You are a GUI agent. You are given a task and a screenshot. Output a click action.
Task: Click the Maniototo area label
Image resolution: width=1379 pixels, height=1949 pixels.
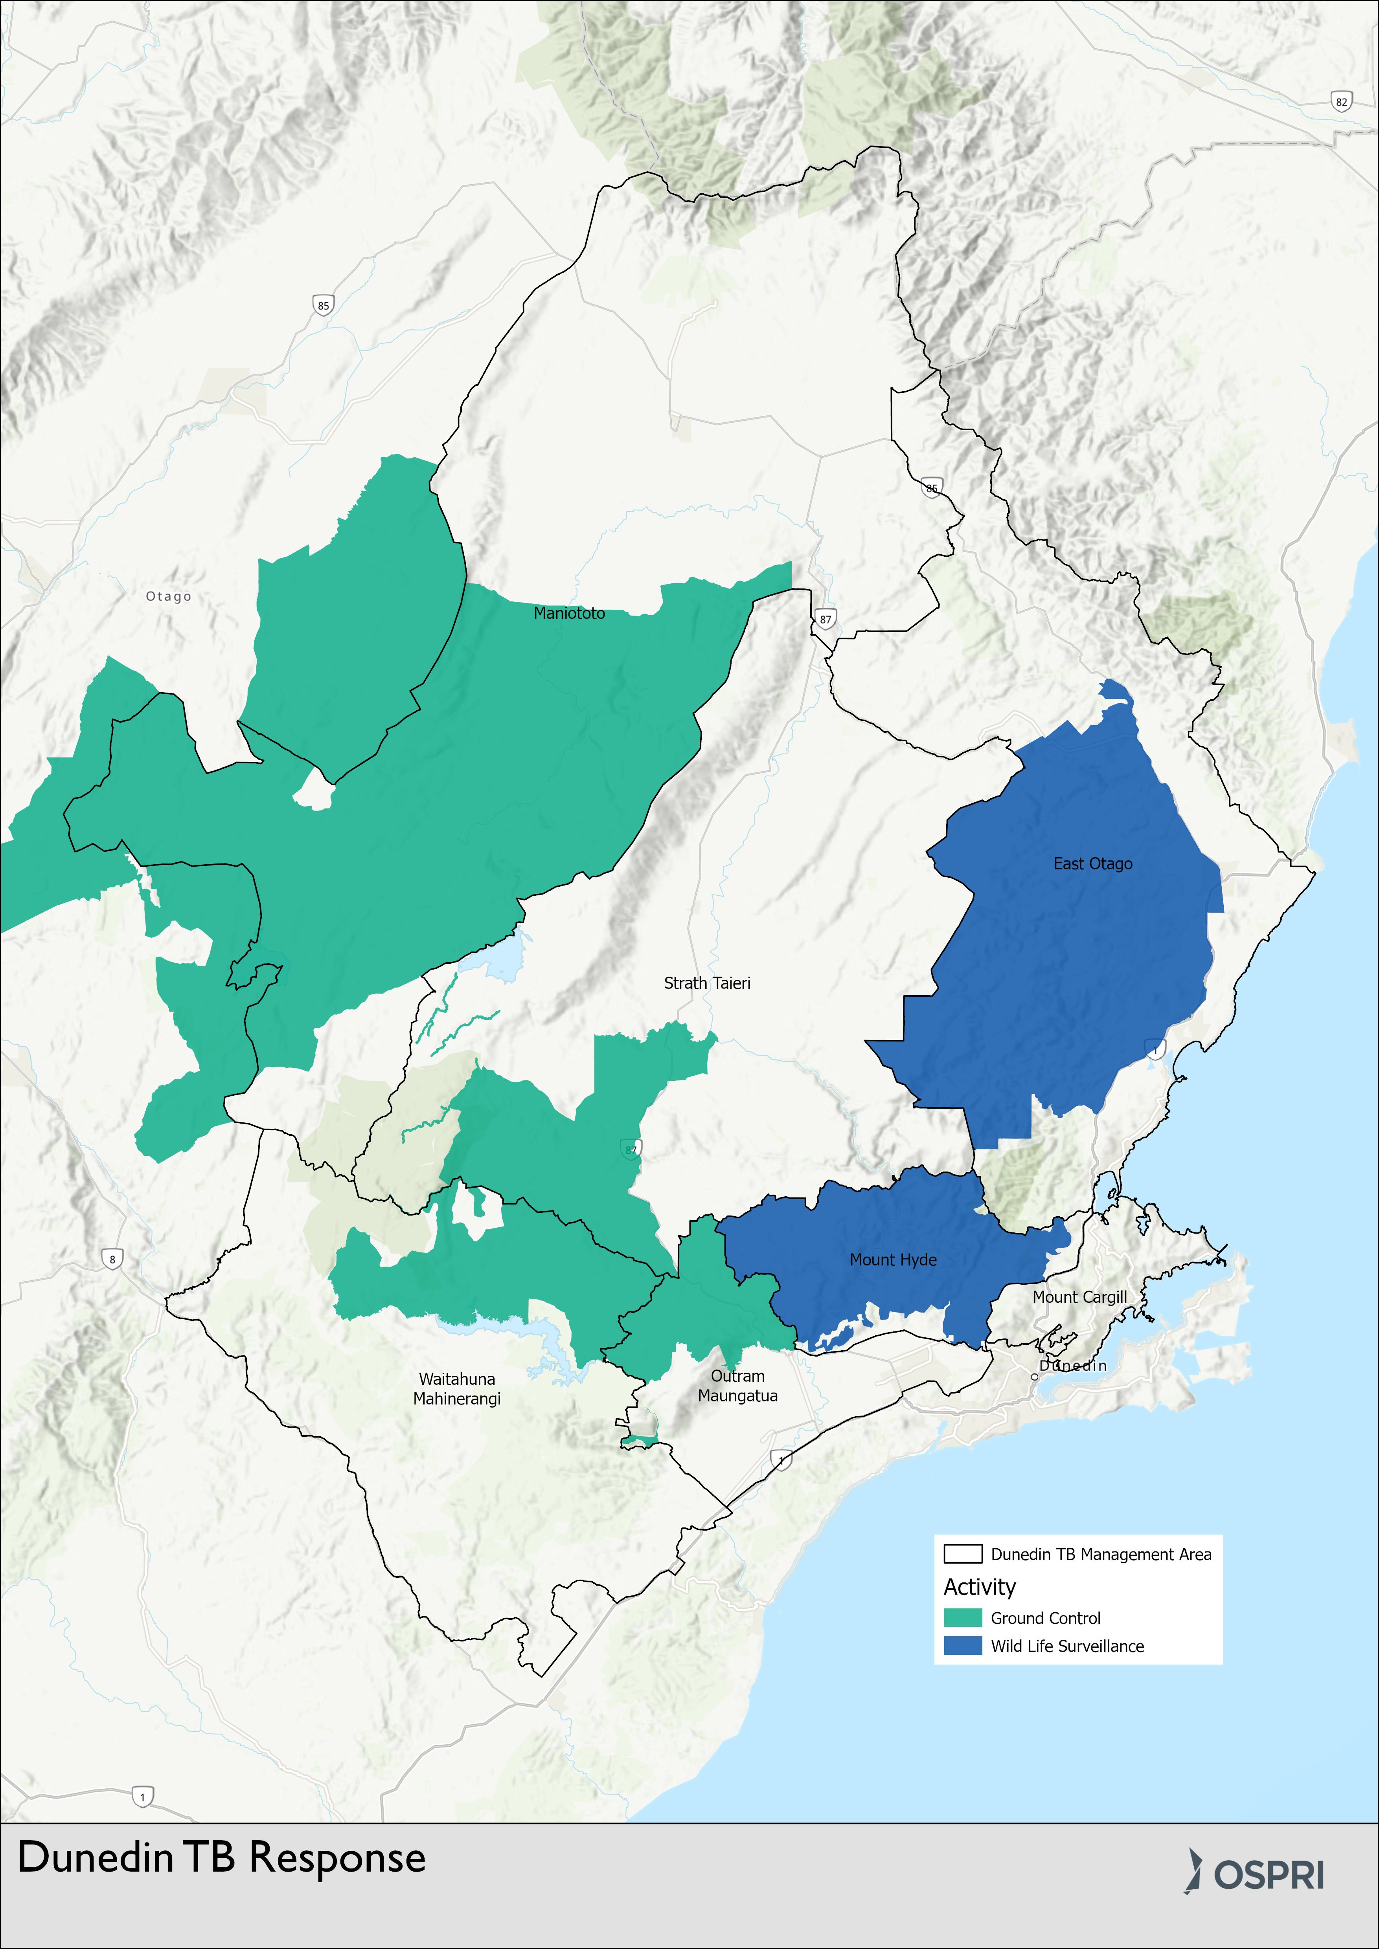(x=569, y=613)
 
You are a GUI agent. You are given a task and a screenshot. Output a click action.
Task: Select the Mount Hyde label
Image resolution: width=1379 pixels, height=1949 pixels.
(x=893, y=1260)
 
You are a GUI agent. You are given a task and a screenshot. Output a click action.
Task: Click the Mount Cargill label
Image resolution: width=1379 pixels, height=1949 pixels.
(x=1079, y=1297)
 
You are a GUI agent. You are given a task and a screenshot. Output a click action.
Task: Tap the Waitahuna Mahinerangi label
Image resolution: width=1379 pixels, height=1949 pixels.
(x=457, y=1389)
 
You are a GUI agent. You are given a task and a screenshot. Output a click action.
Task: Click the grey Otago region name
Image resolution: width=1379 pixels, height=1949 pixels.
(x=168, y=597)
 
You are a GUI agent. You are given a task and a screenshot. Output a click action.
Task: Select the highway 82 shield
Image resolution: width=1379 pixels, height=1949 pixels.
(x=1341, y=102)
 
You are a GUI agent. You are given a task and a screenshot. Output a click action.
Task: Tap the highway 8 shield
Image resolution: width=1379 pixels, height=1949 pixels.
(x=112, y=1259)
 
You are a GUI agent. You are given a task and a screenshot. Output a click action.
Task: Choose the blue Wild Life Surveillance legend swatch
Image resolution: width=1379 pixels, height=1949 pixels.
(x=963, y=1646)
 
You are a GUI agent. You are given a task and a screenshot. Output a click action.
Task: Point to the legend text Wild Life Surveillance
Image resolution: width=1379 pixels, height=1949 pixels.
(x=1067, y=1646)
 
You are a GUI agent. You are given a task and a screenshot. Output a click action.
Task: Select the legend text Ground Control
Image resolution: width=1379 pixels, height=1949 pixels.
(x=1045, y=1618)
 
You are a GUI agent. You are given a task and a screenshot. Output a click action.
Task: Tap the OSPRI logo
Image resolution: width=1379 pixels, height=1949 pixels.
(x=1255, y=1874)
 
